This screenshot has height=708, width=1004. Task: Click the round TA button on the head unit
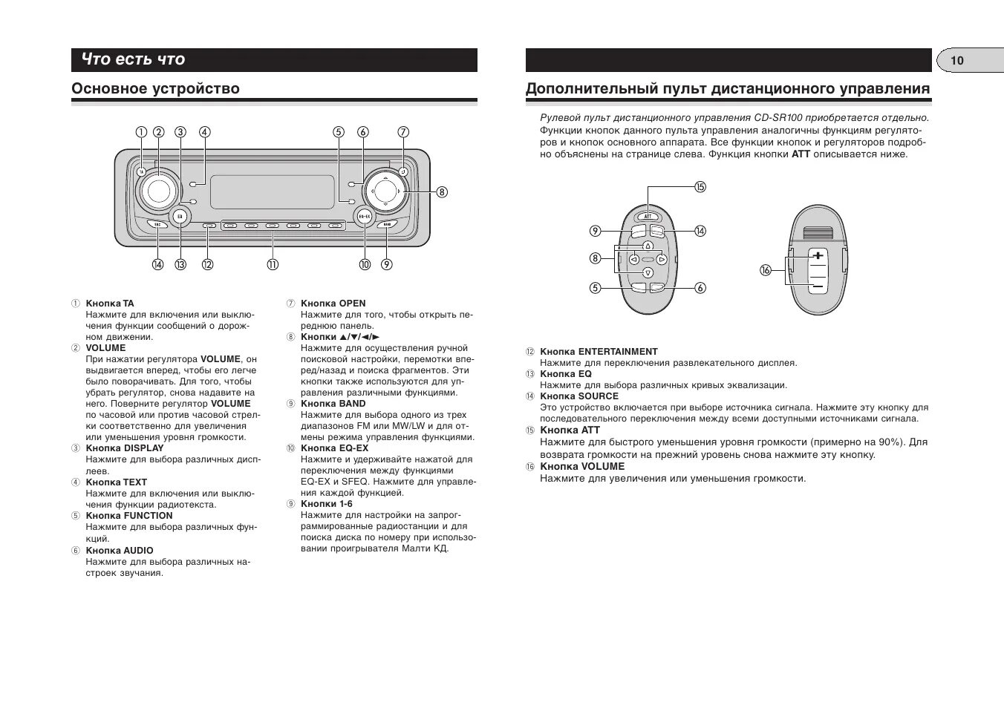[x=141, y=172]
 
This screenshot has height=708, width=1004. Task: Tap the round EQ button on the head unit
[x=180, y=217]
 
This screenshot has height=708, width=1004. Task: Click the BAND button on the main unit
[x=386, y=224]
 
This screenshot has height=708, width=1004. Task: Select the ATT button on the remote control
[x=648, y=217]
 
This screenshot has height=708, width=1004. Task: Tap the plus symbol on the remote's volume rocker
[x=818, y=256]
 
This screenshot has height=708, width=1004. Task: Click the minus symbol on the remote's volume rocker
[x=818, y=286]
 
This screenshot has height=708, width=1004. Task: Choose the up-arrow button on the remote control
[x=648, y=246]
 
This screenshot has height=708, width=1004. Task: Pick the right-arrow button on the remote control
[x=662, y=260]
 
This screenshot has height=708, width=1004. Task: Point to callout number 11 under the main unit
[x=273, y=265]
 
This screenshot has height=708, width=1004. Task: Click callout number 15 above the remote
[x=700, y=187]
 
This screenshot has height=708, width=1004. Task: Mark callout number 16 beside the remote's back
[x=766, y=270]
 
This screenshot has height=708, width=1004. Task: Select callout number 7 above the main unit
[x=403, y=133]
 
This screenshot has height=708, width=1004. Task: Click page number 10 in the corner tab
[x=956, y=61]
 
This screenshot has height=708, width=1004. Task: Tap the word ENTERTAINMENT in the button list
[x=618, y=352]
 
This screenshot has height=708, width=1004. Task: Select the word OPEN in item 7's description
[x=352, y=304]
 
